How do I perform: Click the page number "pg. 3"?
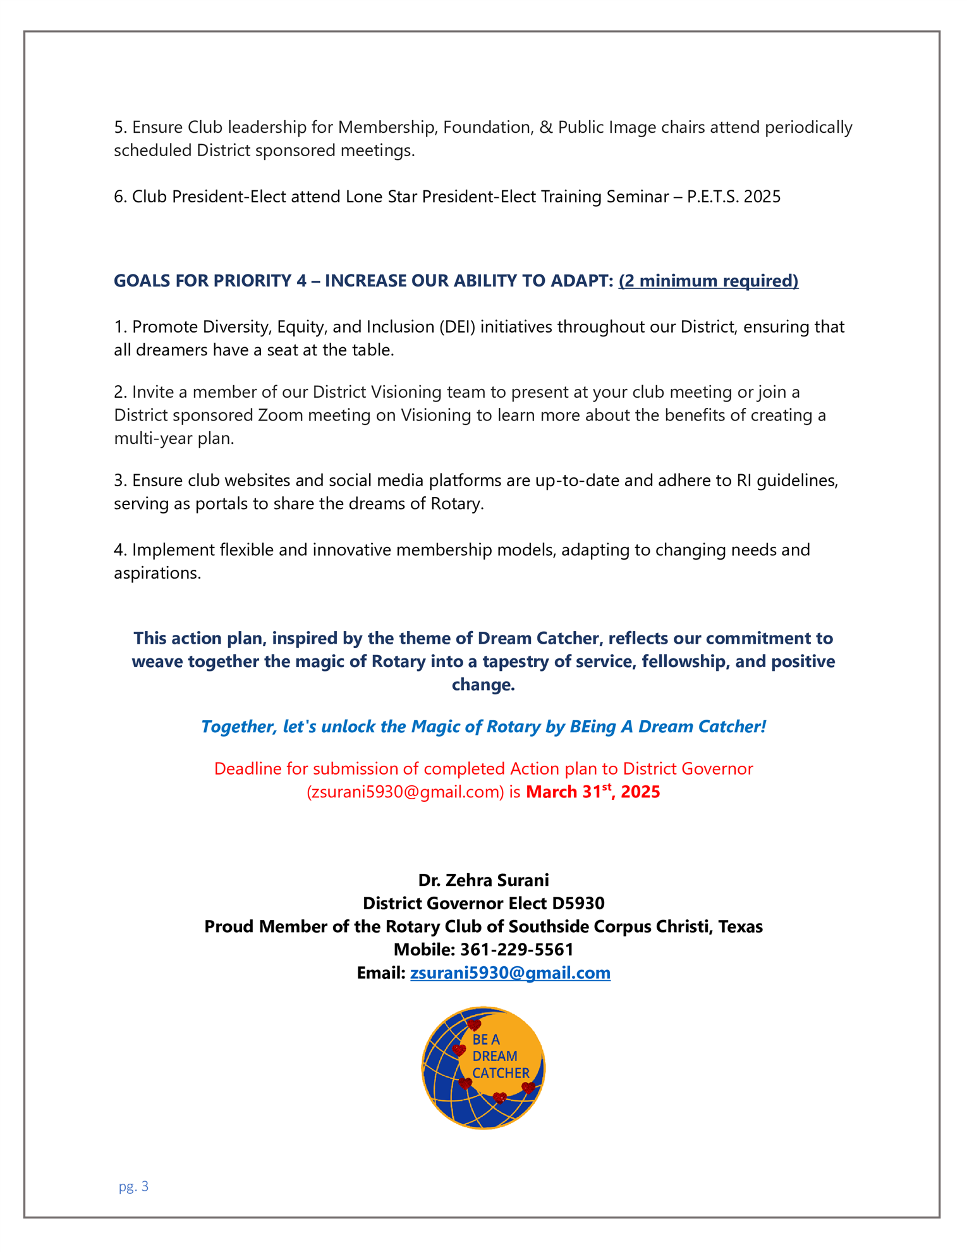(x=133, y=1186)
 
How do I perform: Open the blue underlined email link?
(x=510, y=973)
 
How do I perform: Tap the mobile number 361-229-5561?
(x=516, y=949)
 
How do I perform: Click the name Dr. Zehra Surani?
(x=483, y=880)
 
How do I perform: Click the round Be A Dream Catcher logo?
(x=483, y=1068)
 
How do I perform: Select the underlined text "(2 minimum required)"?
(x=709, y=281)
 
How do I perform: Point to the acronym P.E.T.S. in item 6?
(x=713, y=197)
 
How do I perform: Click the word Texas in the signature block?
(x=741, y=926)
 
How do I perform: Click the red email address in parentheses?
(x=404, y=792)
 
